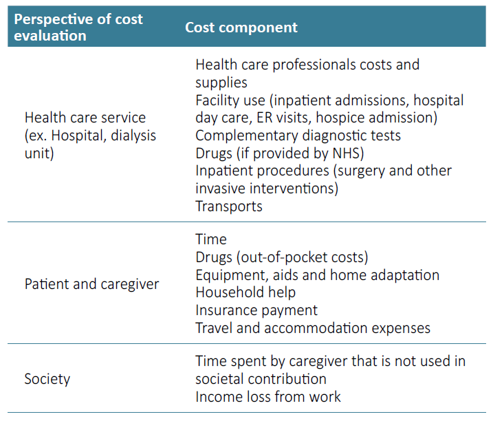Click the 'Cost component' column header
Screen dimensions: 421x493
tap(241, 28)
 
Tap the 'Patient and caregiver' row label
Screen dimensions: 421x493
tap(91, 284)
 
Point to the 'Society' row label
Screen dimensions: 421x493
tap(47, 379)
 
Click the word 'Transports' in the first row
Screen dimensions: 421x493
tap(229, 206)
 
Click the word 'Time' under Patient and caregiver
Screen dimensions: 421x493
tap(211, 239)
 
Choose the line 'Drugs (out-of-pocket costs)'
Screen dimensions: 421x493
tap(282, 257)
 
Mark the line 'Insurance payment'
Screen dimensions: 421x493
tap(256, 310)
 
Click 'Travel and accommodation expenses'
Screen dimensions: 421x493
tap(313, 328)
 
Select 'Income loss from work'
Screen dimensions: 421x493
tap(268, 397)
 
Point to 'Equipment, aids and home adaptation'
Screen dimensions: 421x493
tap(317, 275)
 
